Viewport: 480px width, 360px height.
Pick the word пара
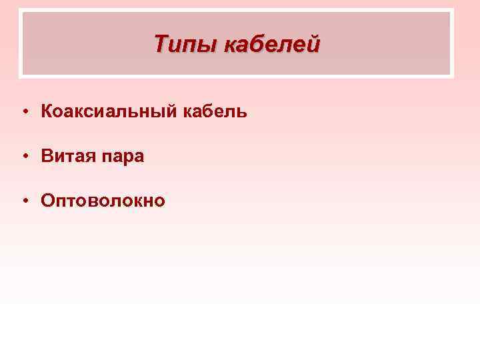click(x=123, y=157)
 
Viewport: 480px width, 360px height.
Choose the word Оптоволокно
click(x=103, y=200)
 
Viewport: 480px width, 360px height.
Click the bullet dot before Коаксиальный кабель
click(x=23, y=112)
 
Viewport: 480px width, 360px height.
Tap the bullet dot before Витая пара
click(x=23, y=156)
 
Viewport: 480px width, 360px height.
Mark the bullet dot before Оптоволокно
click(x=23, y=200)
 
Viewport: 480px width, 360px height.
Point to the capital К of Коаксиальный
click(x=47, y=111)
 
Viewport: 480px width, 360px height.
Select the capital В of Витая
click(x=47, y=156)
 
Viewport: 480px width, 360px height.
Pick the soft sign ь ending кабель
click(x=242, y=112)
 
